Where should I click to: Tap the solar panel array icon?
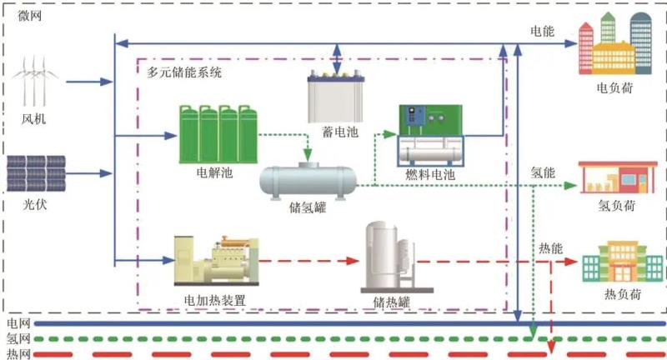click(x=35, y=172)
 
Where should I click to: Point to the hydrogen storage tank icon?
click(x=308, y=178)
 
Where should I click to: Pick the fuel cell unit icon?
click(x=430, y=136)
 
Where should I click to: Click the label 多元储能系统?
click(x=184, y=72)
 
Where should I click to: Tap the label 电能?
click(x=542, y=31)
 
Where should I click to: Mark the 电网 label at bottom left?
click(x=18, y=322)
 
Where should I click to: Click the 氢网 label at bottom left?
click(x=18, y=338)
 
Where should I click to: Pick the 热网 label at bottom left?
click(x=18, y=354)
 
